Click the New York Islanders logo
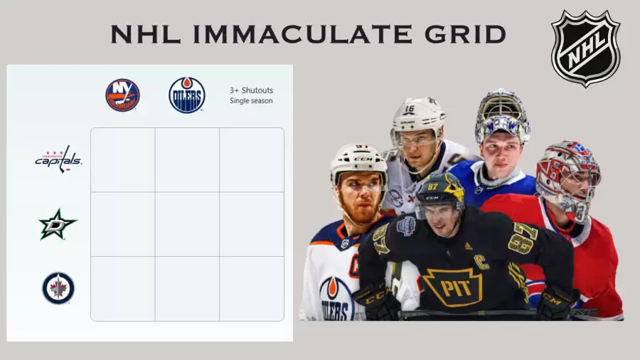click(122, 95)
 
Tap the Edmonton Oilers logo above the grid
click(187, 95)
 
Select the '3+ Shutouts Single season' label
click(251, 95)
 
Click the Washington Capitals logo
click(58, 159)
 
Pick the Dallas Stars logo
click(58, 224)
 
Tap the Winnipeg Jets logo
click(58, 288)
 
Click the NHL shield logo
click(586, 48)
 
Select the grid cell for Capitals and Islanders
click(123, 159)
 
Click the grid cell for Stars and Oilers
click(187, 224)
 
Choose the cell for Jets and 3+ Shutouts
click(252, 289)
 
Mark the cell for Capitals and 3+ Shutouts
click(252, 159)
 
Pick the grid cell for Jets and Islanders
click(123, 289)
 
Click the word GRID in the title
click(465, 34)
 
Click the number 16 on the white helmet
click(410, 109)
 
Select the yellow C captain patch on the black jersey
click(481, 263)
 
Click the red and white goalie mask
click(568, 179)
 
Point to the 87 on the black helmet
click(432, 187)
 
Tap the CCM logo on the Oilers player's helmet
click(363, 159)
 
